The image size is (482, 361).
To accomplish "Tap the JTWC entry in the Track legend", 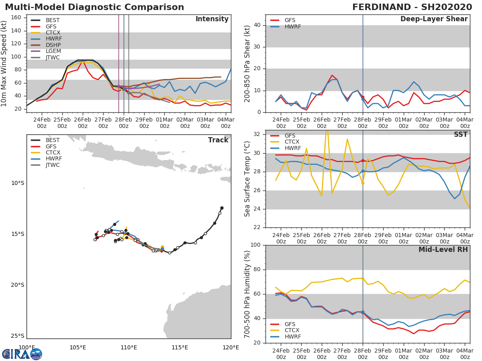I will pos(53,165).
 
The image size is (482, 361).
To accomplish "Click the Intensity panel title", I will pos(212,19).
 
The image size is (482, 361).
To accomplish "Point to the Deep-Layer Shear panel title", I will pos(434,19).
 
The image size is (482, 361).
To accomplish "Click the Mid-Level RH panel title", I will pos(443,249).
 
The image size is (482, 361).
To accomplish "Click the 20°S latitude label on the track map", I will pos(17,285).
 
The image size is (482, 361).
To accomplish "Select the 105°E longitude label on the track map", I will pos(78,347).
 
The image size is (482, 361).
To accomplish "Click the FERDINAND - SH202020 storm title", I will pos(412,7).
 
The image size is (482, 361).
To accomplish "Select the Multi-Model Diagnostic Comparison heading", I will pos(94,7).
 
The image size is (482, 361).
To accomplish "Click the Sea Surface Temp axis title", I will pos(247,179).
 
